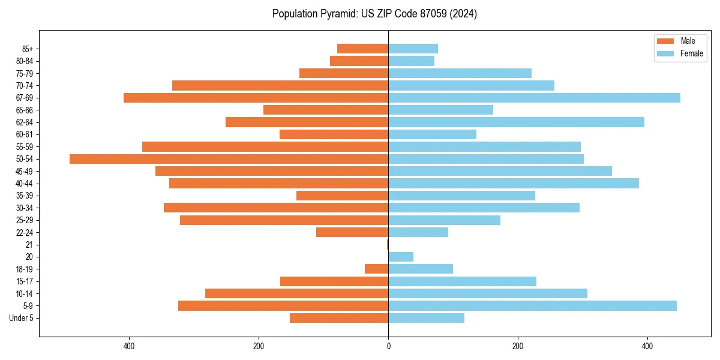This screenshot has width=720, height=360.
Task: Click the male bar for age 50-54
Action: pyautogui.click(x=229, y=159)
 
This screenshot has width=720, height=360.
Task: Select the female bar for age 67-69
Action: pyautogui.click(x=534, y=98)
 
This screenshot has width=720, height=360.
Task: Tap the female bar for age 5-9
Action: pyautogui.click(x=532, y=306)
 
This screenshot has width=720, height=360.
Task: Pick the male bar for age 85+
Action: pyautogui.click(x=362, y=49)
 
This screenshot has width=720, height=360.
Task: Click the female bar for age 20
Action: pyautogui.click(x=401, y=257)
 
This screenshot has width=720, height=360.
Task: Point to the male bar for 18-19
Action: pyautogui.click(x=376, y=269)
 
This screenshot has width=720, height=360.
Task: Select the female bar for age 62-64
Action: pyautogui.click(x=516, y=122)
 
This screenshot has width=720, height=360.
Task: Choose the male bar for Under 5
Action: pyautogui.click(x=339, y=318)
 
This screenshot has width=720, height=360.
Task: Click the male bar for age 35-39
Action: pyautogui.click(x=342, y=196)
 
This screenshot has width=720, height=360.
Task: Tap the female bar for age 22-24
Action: pyautogui.click(x=418, y=232)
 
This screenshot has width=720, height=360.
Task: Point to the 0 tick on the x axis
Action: pyautogui.click(x=388, y=346)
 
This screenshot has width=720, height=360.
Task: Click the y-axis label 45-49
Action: pyautogui.click(x=25, y=171)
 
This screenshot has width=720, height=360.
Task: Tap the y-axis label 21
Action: pyautogui.click(x=29, y=245)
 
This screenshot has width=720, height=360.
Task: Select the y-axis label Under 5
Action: pyautogui.click(x=22, y=318)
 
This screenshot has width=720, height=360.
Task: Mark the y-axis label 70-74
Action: pyautogui.click(x=25, y=86)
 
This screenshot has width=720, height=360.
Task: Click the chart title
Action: pyautogui.click(x=374, y=14)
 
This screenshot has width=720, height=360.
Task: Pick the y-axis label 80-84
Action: pyautogui.click(x=25, y=61)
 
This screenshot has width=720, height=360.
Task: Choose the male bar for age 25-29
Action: pyautogui.click(x=284, y=220)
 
